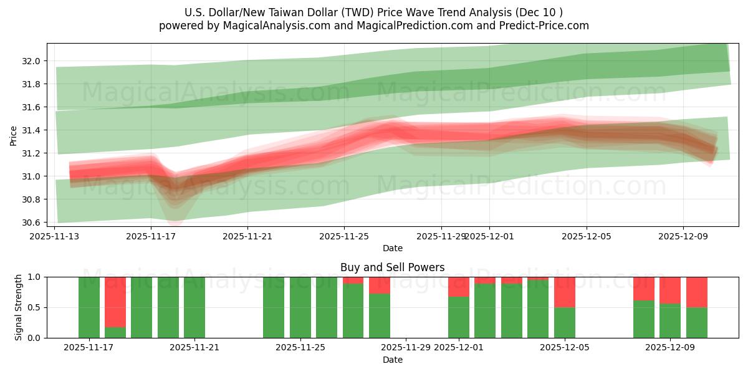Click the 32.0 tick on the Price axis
(31, 61)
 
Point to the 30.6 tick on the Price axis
(31, 223)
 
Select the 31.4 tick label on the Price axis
(31, 130)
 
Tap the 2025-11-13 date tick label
(55, 236)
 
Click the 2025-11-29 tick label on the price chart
(441, 236)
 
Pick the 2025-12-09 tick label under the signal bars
(670, 348)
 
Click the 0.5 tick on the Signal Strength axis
(36, 307)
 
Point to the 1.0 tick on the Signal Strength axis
(36, 277)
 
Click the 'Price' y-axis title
(14, 135)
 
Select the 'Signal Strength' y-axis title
(19, 307)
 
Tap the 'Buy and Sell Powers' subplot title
(393, 267)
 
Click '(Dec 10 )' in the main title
(540, 12)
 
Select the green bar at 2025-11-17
(89, 307)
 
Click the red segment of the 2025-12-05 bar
(565, 292)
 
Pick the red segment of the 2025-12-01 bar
(459, 287)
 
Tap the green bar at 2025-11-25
(300, 307)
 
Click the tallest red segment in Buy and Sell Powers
(115, 302)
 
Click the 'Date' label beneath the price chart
(393, 248)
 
